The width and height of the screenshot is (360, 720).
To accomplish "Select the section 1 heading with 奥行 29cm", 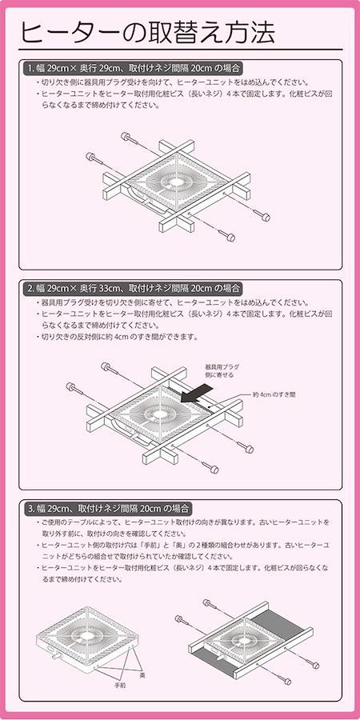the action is (x=133, y=69).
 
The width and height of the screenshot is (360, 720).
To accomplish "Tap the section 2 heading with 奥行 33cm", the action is (x=133, y=289).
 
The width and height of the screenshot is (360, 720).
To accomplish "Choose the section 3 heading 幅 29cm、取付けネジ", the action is (x=108, y=508).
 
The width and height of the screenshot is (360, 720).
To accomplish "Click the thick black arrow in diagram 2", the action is (x=197, y=394).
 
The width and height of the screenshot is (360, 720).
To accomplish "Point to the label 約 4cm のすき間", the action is (x=274, y=394).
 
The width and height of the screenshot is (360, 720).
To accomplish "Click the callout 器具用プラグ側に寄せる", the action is (x=222, y=371).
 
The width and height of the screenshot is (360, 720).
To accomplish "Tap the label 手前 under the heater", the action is (x=120, y=685).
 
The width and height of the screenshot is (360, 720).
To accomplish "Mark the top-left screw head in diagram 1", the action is (x=125, y=136).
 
